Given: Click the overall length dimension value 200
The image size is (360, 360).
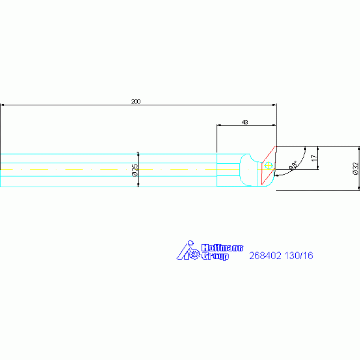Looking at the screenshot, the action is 136,101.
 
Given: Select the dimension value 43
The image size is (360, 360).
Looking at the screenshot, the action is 245,123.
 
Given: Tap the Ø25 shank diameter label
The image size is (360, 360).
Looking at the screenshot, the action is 135,170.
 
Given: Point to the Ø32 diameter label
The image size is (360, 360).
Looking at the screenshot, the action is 356,169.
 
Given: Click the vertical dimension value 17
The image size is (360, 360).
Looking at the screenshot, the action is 314,158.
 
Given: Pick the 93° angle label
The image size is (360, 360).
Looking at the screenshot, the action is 293,165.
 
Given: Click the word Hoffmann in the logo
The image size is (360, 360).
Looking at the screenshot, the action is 222,248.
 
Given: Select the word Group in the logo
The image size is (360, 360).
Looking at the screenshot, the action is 215,256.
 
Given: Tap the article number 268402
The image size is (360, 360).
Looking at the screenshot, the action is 265,256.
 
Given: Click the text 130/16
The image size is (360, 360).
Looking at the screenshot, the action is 299,256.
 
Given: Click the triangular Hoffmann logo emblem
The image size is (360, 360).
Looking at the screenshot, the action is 188,250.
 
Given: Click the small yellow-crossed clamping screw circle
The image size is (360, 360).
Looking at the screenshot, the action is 268,165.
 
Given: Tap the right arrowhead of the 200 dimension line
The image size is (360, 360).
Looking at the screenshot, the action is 274,105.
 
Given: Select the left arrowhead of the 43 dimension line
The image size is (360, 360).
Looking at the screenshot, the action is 219,125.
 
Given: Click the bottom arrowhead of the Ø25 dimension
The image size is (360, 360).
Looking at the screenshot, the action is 138,185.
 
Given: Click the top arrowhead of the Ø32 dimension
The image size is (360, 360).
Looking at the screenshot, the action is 359,148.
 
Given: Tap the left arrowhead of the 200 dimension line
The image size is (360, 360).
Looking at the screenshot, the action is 2,105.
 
